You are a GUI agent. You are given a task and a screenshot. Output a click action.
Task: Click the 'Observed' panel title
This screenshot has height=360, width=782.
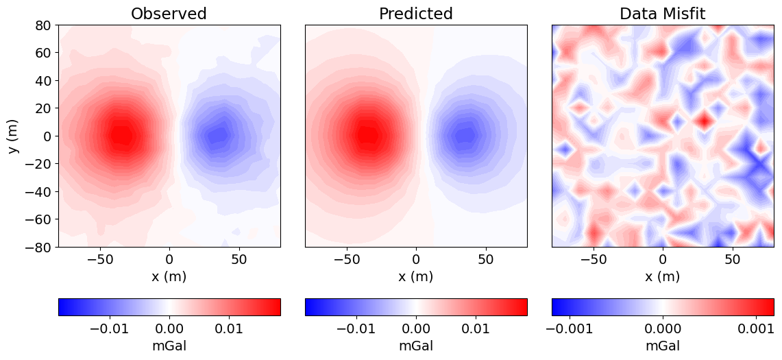pos(169,14)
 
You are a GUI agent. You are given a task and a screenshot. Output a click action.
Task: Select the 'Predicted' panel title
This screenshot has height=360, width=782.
pos(416,14)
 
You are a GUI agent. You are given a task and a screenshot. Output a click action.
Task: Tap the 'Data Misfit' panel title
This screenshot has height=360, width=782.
pos(663,14)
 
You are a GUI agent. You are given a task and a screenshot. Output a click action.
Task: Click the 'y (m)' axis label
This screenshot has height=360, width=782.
pos(14,136)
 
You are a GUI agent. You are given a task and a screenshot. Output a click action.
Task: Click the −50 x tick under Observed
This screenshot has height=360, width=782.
pos(100,261)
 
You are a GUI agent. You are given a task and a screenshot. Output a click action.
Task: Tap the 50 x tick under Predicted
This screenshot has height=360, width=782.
pos(485,261)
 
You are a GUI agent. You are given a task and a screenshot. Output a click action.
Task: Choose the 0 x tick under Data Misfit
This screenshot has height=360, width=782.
pos(663,261)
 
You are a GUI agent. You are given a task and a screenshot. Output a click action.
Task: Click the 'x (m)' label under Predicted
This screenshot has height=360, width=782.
pos(416,276)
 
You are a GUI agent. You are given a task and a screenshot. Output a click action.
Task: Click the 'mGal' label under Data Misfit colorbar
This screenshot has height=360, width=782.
pos(663,346)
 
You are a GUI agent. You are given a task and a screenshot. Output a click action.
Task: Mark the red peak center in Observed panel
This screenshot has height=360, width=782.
pos(121,135)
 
